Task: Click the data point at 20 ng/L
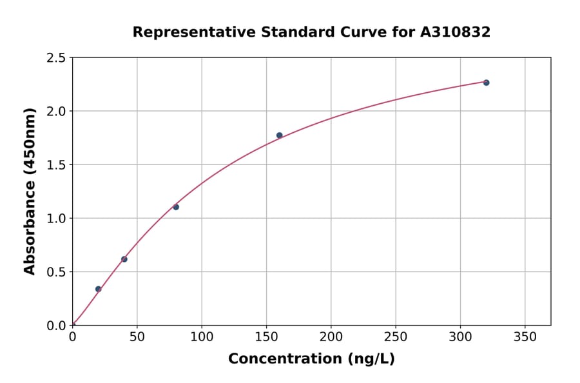(98, 289)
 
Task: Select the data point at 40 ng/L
(124, 259)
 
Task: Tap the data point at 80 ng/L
(176, 207)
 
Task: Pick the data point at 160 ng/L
(279, 135)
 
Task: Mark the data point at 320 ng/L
(486, 83)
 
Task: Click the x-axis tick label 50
(137, 337)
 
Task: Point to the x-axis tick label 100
(202, 337)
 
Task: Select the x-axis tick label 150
(266, 337)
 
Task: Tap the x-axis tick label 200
(331, 337)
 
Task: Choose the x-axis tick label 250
(396, 337)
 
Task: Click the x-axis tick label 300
(460, 337)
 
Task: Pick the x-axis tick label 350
(525, 337)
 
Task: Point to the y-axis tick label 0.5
(57, 272)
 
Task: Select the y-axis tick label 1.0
(57, 219)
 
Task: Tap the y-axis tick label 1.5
(57, 165)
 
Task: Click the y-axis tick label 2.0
(57, 112)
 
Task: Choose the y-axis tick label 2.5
(57, 58)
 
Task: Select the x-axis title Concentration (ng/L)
(311, 359)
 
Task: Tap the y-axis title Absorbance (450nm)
(30, 191)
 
